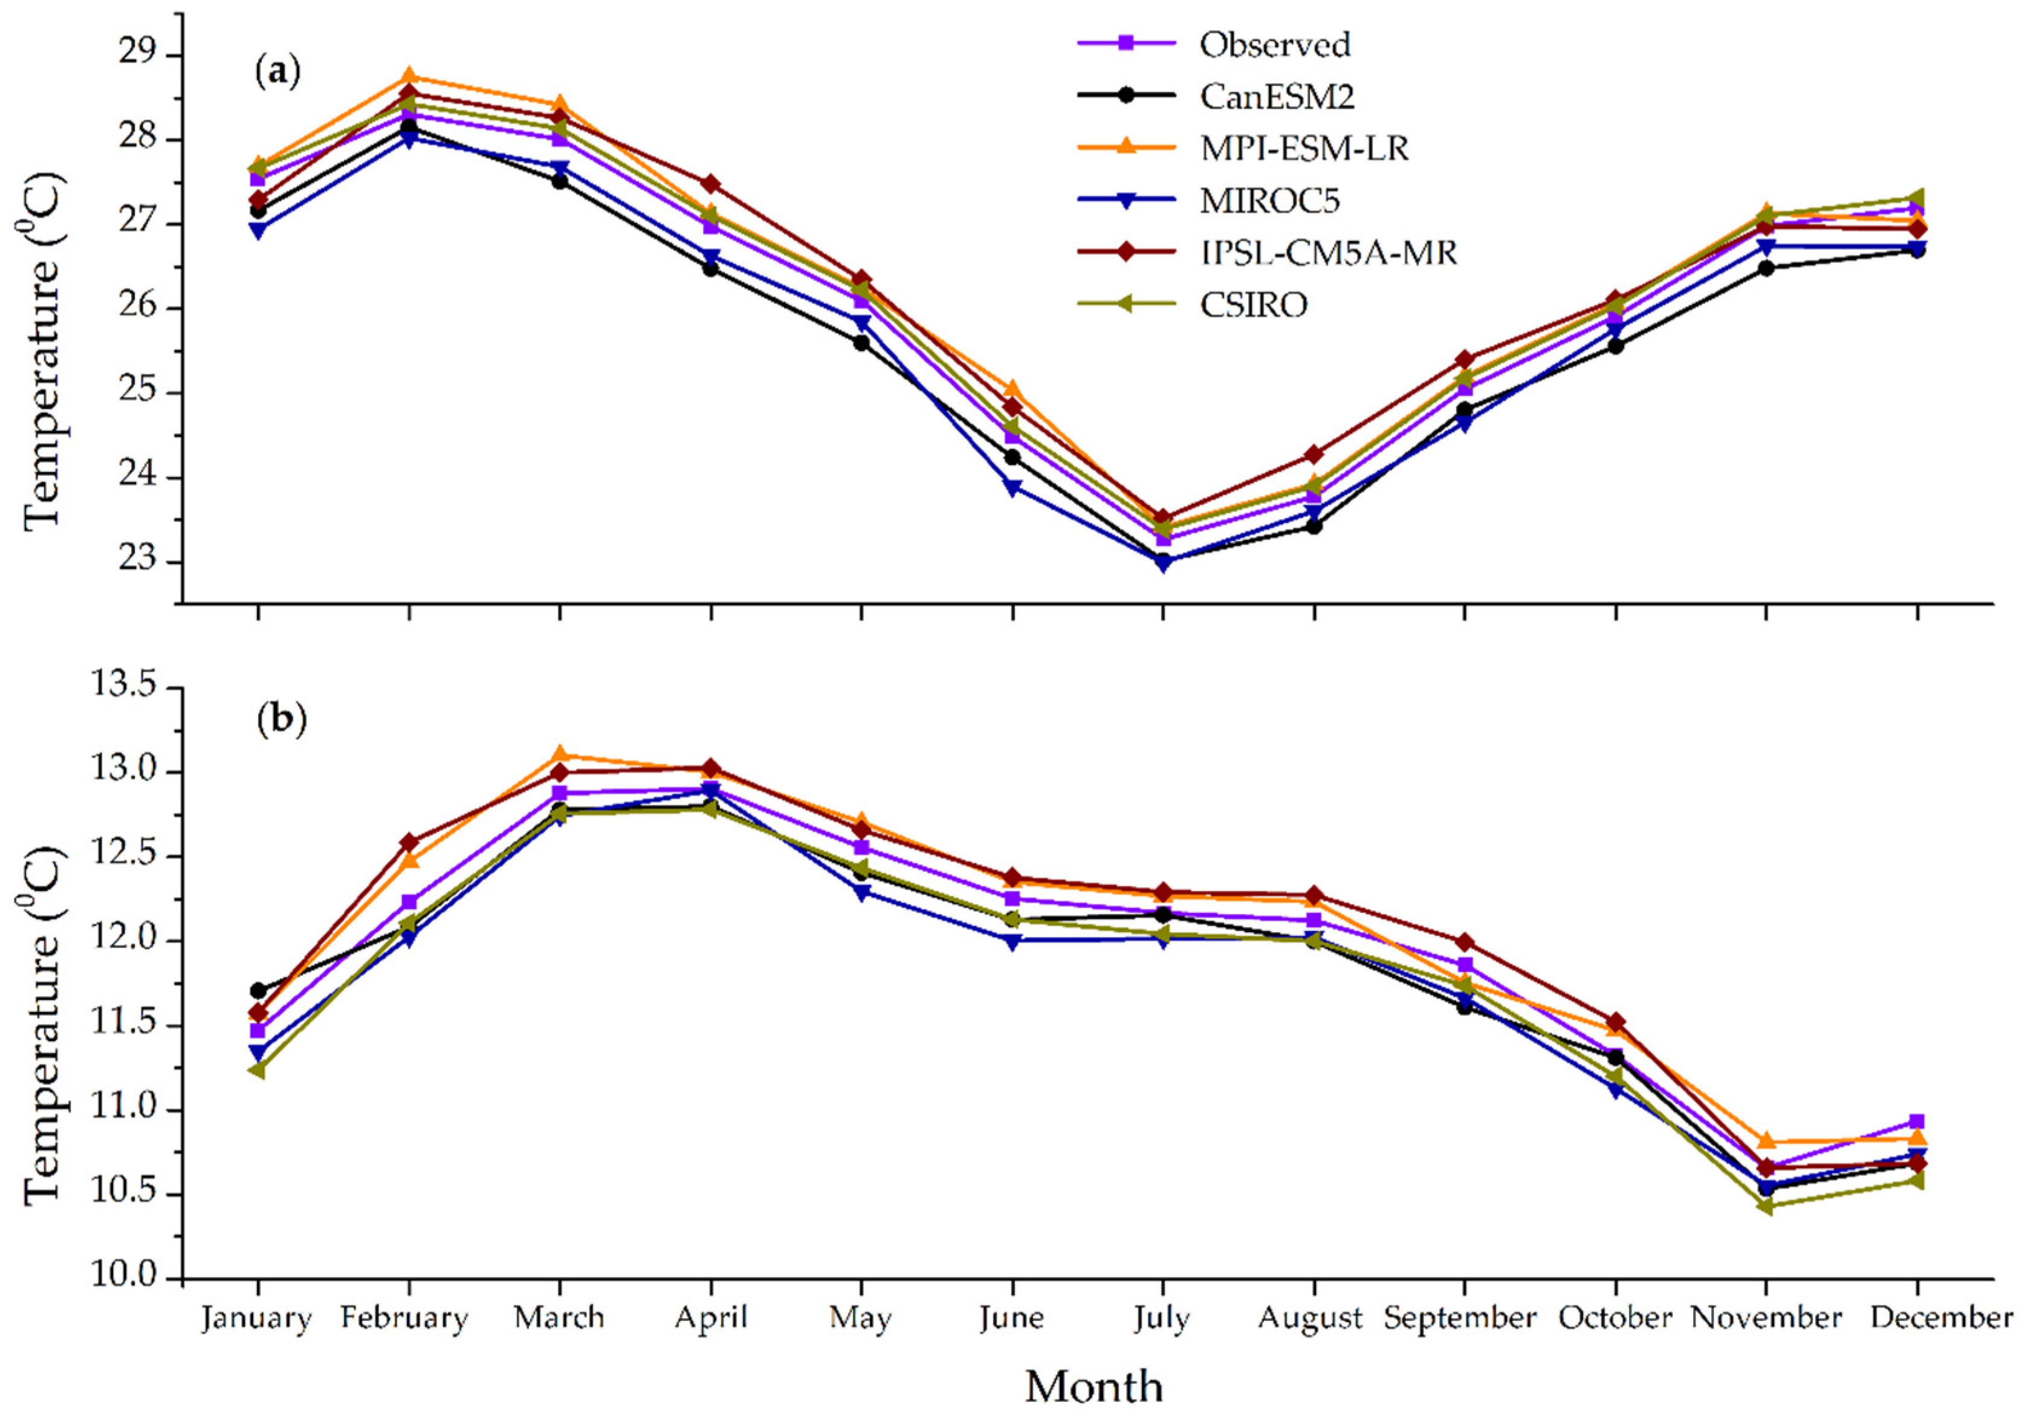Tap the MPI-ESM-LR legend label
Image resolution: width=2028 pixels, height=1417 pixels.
point(1304,149)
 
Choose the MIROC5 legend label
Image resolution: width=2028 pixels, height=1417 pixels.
point(1269,201)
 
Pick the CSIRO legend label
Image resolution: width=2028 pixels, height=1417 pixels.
point(1253,305)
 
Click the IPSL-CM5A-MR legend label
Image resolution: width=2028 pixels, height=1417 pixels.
point(1327,253)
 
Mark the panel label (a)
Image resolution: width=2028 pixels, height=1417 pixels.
point(278,71)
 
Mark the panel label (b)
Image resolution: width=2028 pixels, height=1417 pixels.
point(281,720)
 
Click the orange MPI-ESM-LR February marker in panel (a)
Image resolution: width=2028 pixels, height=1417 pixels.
point(409,76)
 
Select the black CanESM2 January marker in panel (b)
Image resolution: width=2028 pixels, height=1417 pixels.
point(258,990)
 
